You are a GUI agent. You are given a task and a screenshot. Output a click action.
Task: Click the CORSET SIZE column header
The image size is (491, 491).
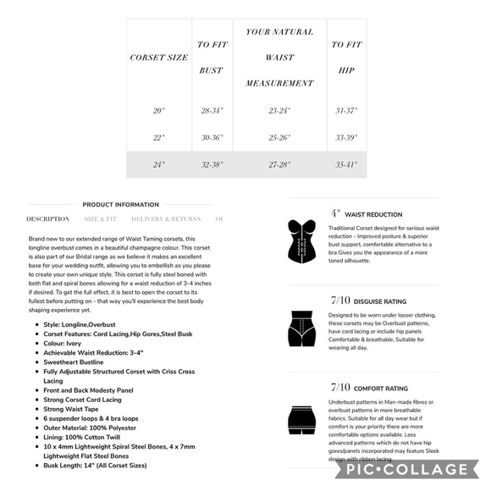coord(158,58)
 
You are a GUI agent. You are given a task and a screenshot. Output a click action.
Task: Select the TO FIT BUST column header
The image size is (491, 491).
coord(212,58)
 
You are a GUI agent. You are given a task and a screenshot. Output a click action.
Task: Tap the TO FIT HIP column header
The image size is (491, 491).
coord(347,58)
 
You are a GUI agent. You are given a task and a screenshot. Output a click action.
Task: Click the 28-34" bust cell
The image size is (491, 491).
coord(212,110)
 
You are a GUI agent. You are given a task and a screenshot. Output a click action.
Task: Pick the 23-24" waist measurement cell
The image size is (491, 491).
coord(279,110)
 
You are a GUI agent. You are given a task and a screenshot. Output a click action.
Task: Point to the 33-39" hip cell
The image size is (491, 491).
coord(347,137)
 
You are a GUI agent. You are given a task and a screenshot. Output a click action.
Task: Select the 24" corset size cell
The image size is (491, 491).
coord(158,164)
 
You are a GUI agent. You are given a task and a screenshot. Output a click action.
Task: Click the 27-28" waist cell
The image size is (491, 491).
coord(279,164)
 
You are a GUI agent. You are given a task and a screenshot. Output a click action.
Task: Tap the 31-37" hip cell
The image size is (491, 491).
coord(347,110)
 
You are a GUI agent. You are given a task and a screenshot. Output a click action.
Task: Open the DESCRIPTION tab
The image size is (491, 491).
coord(48,219)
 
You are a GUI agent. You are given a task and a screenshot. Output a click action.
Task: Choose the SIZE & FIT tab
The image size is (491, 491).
coord(101,219)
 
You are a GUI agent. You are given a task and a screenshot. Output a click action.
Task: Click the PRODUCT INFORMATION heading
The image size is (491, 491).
coord(120,205)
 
